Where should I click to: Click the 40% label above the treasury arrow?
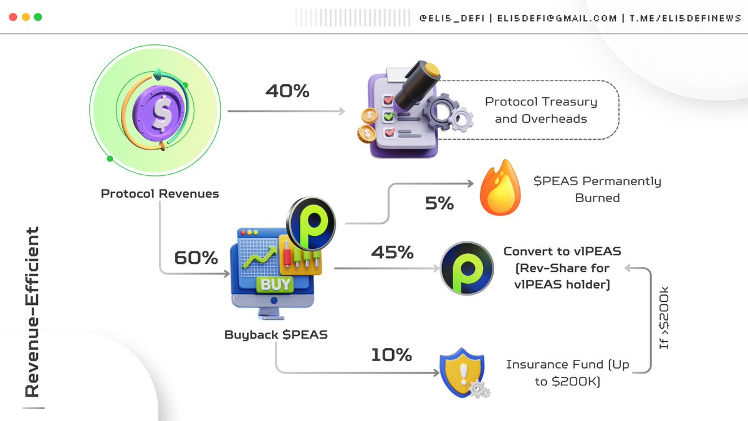tap(287, 91)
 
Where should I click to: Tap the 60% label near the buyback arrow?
tap(196, 258)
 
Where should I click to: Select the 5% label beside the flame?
tap(439, 203)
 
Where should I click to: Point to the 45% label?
tap(392, 252)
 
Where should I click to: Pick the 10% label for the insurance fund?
tap(391, 354)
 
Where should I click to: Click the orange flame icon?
tap(500, 188)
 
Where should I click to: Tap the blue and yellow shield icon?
tap(463, 372)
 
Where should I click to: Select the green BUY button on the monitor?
tap(275, 284)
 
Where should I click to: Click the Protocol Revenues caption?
tap(160, 193)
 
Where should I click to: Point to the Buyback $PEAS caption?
tap(276, 334)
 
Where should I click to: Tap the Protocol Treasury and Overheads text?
tap(541, 110)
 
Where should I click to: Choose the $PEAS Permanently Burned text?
tap(597, 189)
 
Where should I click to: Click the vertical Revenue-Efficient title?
tap(32, 312)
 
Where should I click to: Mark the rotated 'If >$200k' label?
tap(664, 317)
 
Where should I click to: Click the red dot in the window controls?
tap(13, 17)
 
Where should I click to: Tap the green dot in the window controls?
tap(38, 17)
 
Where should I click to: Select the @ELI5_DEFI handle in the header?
tap(452, 18)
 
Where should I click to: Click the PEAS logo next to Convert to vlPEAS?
tap(467, 268)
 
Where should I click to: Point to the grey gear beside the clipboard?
tap(441, 112)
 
